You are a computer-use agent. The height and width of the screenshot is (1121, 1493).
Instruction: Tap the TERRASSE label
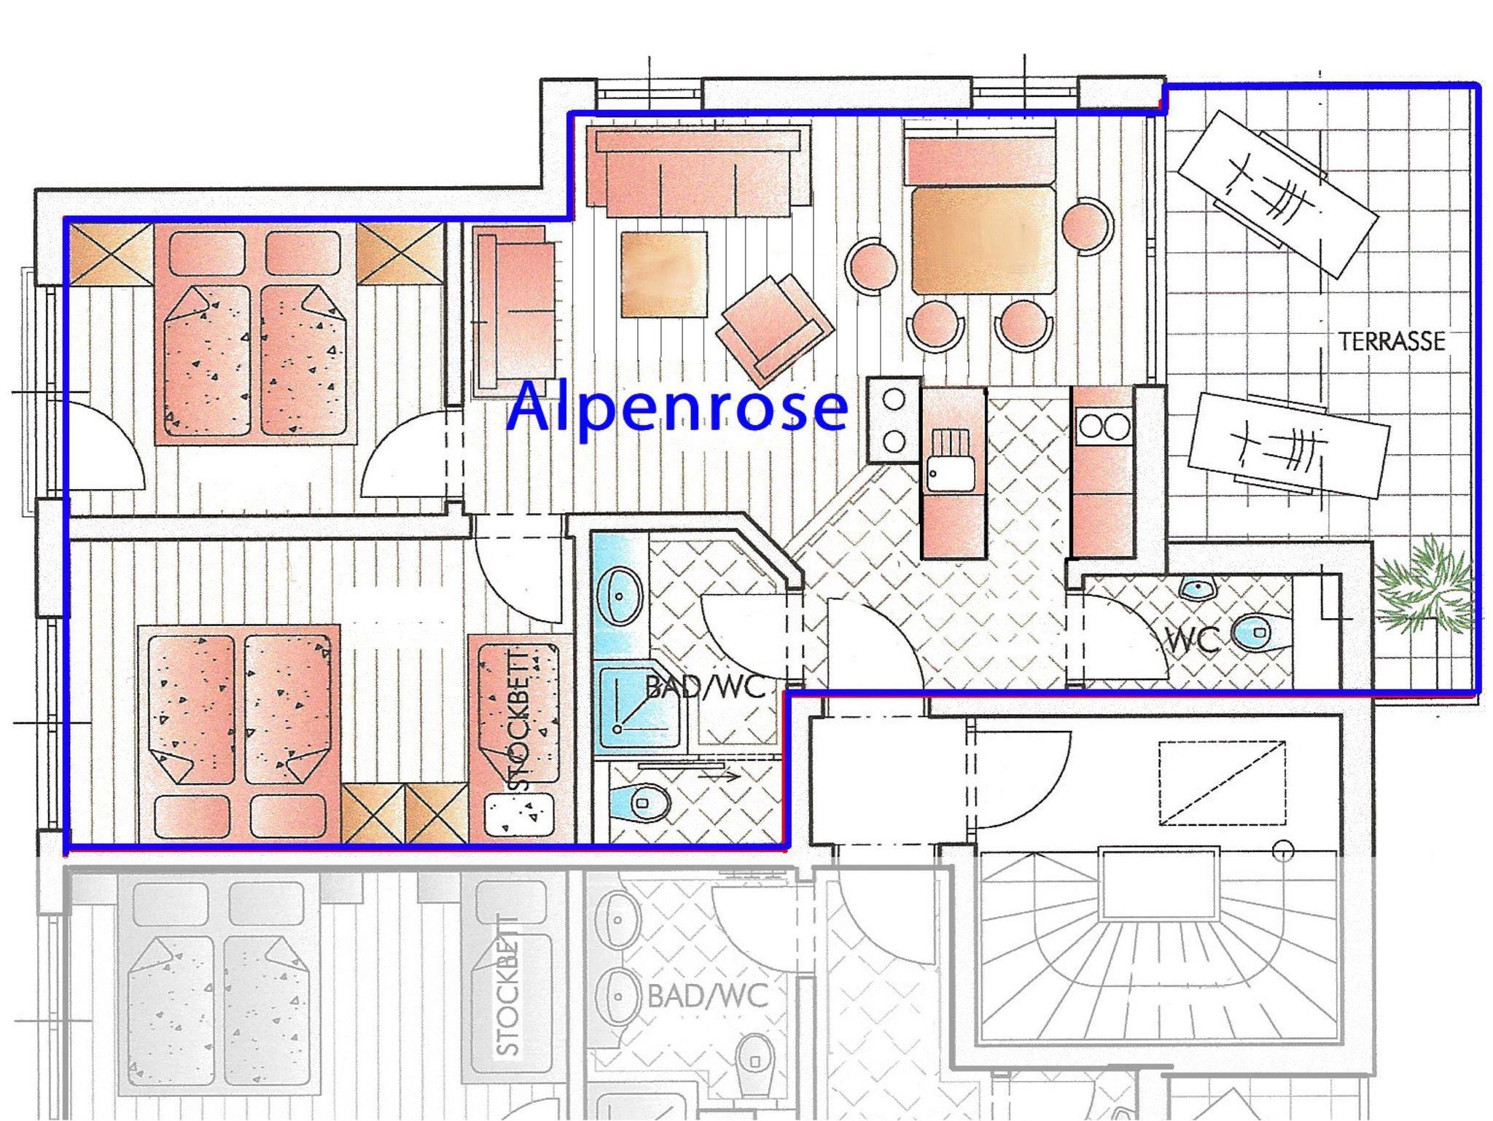pyautogui.click(x=1391, y=341)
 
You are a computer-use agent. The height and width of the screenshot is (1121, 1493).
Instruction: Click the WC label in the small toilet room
pyautogui.click(x=1193, y=639)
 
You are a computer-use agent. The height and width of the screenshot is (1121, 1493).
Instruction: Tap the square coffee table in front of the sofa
pyautogui.click(x=664, y=274)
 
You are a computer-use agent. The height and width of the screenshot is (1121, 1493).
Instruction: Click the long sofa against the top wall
pyautogui.click(x=698, y=172)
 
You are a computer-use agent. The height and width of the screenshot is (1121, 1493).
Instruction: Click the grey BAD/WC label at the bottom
pyautogui.click(x=707, y=995)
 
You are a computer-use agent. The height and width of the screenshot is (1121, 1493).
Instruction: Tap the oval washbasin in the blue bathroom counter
pyautogui.click(x=620, y=595)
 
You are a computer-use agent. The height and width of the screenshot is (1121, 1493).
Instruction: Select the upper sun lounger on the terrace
pyautogui.click(x=1277, y=195)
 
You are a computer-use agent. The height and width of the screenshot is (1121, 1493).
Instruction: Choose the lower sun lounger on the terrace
pyautogui.click(x=1288, y=445)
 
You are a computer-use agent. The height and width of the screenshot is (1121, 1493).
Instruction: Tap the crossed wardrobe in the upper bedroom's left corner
pyautogui.click(x=111, y=253)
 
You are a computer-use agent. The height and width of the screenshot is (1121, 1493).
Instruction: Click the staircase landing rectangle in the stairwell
pyautogui.click(x=1159, y=883)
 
